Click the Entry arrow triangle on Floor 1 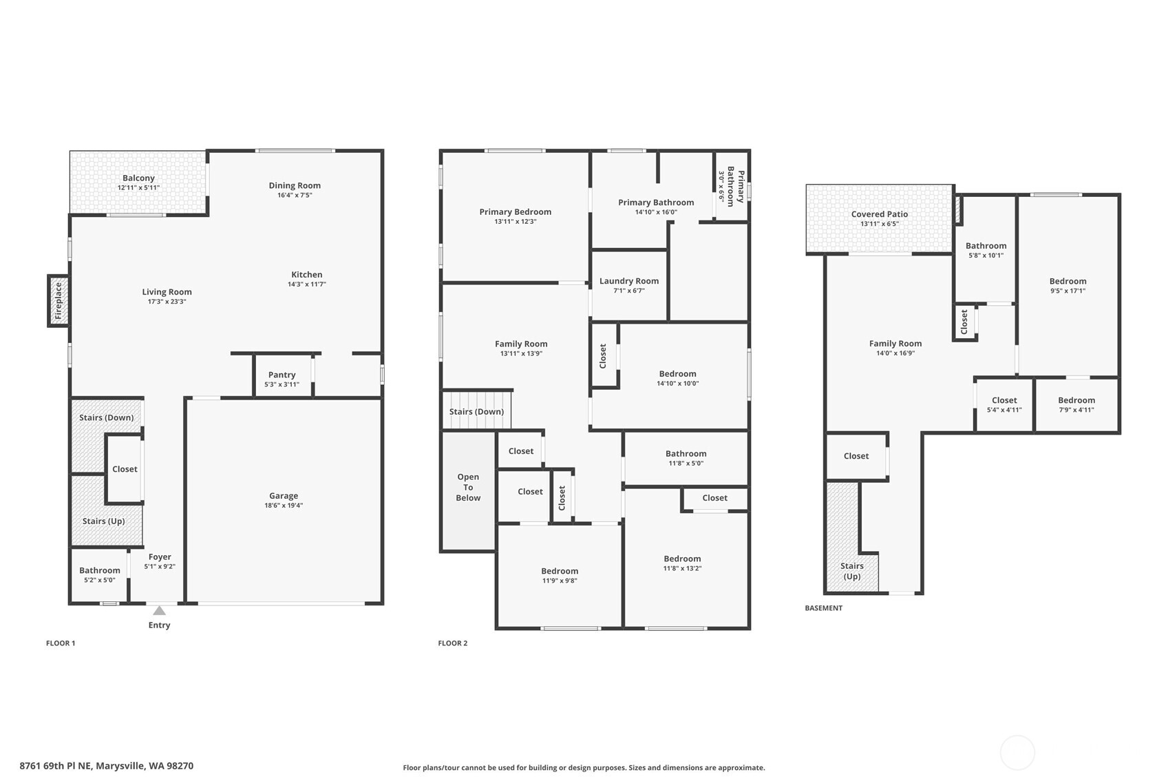pos(159,610)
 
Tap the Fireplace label pos(59,300)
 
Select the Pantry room pos(282,379)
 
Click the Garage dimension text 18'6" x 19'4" pos(284,506)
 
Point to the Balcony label pos(138,178)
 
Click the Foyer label pos(160,557)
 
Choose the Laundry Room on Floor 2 pos(628,285)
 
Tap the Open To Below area pos(468,488)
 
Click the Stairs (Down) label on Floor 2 pos(476,412)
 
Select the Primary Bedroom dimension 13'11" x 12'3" pos(515,222)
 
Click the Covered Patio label pos(879,214)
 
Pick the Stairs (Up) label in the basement pos(851,571)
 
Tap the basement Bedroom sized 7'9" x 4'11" pos(1076,405)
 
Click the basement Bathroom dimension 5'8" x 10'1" pos(986,256)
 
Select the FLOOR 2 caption pos(452,643)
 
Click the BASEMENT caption pos(823,608)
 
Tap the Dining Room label pos(295,185)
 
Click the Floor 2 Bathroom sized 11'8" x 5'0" pos(686,458)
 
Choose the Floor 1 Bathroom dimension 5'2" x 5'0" pos(99,580)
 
